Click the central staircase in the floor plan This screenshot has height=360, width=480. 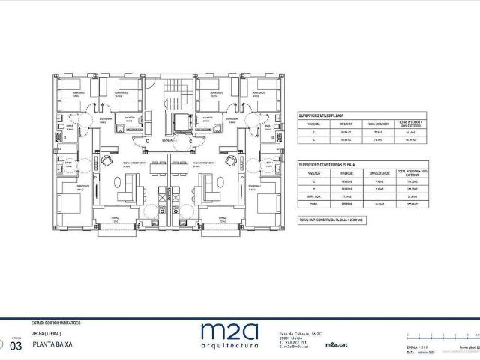pyautogui.click(x=175, y=93)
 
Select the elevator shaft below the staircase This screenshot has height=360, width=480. pyautogui.click(x=181, y=123)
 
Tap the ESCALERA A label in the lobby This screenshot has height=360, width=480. pyautogui.click(x=172, y=140)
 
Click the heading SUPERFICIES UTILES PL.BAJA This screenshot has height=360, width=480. pyautogui.click(x=322, y=116)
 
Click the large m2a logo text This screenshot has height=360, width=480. pyautogui.click(x=229, y=330)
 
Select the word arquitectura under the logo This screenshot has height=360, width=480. pyautogui.click(x=229, y=346)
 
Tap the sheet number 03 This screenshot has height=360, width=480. pyautogui.click(x=16, y=346)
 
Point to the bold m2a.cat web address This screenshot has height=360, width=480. pyautogui.click(x=337, y=346)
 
